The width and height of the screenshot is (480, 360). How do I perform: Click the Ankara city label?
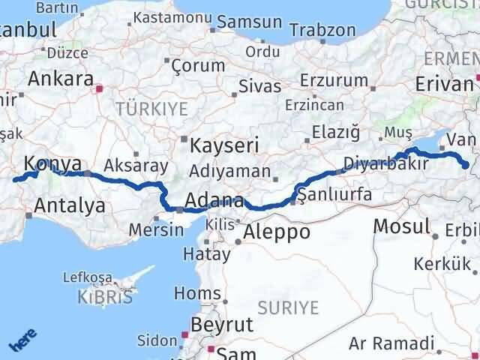pyautogui.click(x=61, y=79)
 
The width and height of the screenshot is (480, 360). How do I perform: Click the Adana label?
pyautogui.click(x=214, y=201)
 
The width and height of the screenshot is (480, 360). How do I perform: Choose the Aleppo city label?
pyautogui.click(x=275, y=232)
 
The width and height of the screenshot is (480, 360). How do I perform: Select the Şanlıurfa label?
pyautogui.click(x=334, y=195)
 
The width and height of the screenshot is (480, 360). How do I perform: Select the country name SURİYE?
pyautogui.click(x=288, y=307)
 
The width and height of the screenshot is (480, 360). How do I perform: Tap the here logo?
pyautogui.click(x=22, y=340)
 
